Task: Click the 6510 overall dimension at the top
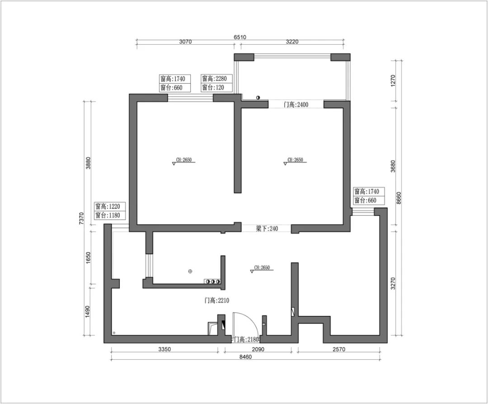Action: point(240,37)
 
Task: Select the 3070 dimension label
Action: point(185,42)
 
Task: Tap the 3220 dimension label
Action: point(292,42)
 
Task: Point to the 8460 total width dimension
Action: point(245,357)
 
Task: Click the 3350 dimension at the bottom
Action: point(164,349)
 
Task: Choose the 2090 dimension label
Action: point(258,349)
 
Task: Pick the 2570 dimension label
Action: point(339,349)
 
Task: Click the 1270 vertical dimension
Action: point(393,80)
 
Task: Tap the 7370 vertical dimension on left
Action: point(81,219)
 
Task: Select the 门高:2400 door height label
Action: point(296,104)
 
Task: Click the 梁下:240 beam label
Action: point(267,229)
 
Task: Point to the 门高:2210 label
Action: point(216,301)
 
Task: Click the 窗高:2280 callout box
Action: point(216,83)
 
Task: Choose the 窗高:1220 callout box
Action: point(108,211)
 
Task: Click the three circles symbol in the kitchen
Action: point(212,282)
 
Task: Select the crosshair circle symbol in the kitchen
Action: point(190,272)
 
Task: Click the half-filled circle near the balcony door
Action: point(258,98)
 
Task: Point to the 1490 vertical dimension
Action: point(88,311)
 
